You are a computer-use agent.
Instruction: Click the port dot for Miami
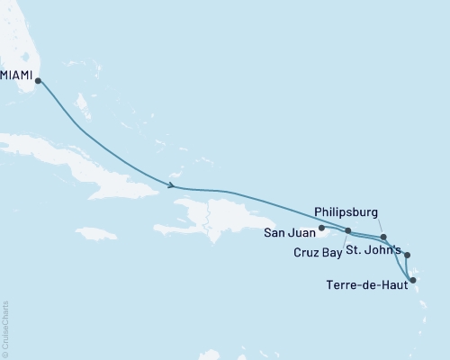38,80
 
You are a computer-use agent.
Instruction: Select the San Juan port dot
321,228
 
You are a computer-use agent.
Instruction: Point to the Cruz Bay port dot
348,230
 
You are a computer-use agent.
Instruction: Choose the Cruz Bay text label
319,254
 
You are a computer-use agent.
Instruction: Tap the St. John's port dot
407,255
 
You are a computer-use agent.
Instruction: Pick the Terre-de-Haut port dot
413,281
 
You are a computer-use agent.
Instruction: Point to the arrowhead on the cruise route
171,186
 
